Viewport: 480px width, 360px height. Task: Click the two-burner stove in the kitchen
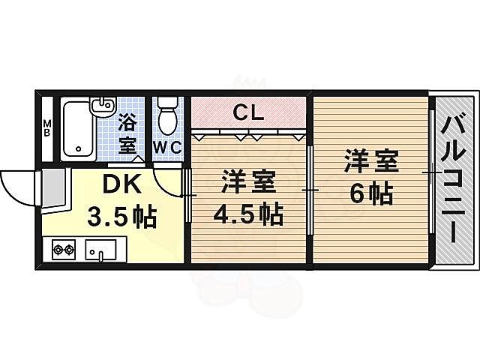(x=63, y=250)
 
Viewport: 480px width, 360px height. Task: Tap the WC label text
(x=168, y=147)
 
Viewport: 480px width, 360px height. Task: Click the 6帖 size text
(x=370, y=194)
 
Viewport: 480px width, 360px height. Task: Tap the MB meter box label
(x=46, y=127)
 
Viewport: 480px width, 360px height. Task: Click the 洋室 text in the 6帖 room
(x=370, y=161)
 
